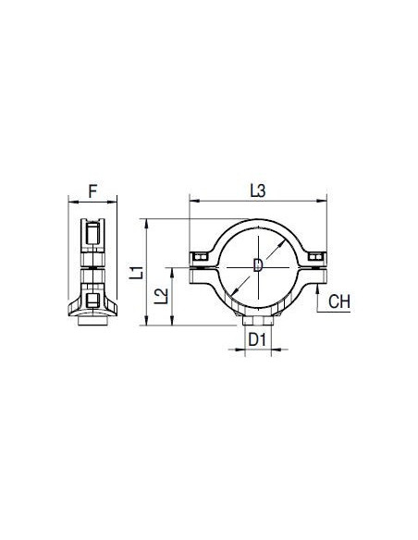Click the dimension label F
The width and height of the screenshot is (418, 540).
[x=92, y=191]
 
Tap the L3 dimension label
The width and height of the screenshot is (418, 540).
[x=258, y=190]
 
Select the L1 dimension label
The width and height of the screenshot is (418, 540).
[x=137, y=272]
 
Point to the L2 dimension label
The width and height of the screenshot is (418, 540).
[x=161, y=296]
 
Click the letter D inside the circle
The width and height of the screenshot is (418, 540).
[x=258, y=265]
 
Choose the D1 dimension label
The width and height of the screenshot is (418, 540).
[x=257, y=340]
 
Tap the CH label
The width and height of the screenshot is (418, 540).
[x=339, y=301]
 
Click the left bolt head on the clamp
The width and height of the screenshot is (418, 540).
[x=200, y=257]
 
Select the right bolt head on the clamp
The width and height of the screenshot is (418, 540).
[x=315, y=256]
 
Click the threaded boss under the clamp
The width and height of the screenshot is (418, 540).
[x=257, y=321]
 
